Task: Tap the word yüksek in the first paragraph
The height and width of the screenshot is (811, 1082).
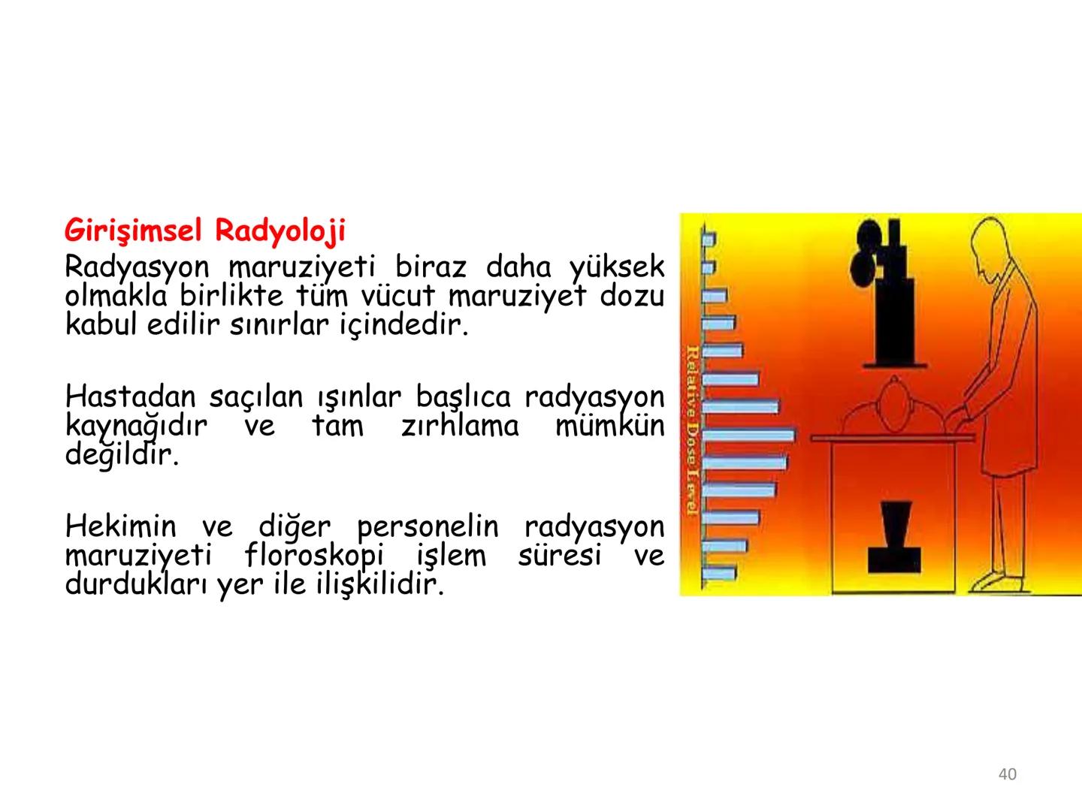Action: (616, 267)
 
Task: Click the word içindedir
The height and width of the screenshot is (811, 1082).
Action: (399, 327)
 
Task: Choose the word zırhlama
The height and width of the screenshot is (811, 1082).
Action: (459, 426)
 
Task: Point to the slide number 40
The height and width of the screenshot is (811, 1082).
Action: (1007, 774)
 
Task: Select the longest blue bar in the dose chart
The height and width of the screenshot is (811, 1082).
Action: (748, 435)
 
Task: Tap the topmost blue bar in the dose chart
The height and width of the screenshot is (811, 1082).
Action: (708, 238)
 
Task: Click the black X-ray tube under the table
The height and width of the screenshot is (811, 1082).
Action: (894, 541)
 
